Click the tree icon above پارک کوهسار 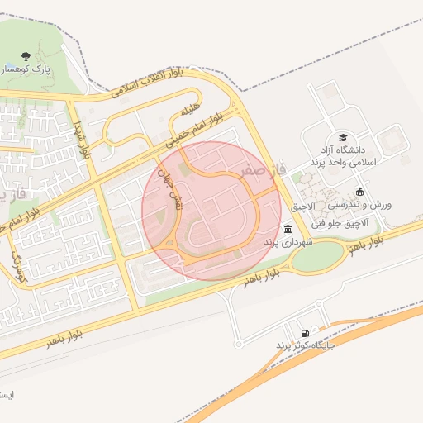pos(26,57)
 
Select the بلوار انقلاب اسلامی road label pos(148,89)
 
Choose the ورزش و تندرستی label pos(370,203)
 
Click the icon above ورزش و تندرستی pos(359,191)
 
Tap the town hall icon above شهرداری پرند pos(287,229)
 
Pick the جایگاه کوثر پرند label pos(306,345)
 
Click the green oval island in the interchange pos(316,257)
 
